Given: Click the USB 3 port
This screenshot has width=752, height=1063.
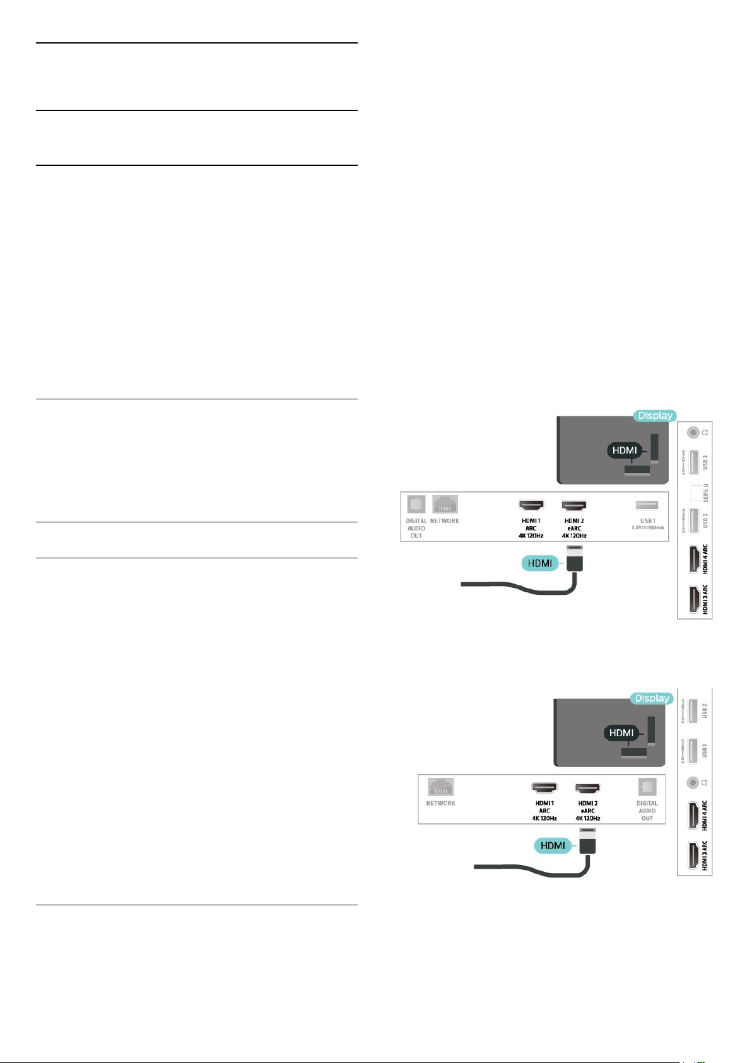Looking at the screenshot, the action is tap(693, 462).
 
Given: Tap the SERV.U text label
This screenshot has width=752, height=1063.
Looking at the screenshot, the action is tap(705, 493).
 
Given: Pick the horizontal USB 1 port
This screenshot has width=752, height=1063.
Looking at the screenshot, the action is tap(647, 505).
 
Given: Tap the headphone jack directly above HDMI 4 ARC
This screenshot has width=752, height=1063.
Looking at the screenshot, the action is tap(693, 783).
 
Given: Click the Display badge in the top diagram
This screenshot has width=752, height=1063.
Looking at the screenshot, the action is tap(655, 416).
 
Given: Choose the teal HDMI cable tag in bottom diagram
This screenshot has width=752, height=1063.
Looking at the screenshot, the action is tap(553, 845).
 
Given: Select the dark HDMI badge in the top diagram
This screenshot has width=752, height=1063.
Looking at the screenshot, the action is tap(625, 450).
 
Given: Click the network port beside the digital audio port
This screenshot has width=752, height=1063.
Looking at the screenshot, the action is tap(445, 505).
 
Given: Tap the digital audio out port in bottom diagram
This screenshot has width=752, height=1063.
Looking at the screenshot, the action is tap(647, 787).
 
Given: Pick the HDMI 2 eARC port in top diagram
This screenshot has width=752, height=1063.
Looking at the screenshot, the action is tap(574, 505).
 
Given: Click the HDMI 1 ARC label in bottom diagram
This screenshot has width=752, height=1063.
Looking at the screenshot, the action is tap(544, 811).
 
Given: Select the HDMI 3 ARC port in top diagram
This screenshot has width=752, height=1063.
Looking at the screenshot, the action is tap(693, 599).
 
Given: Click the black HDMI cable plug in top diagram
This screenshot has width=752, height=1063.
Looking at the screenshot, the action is tap(573, 558).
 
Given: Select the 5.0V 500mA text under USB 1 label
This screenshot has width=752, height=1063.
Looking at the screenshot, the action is tap(647, 527).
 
